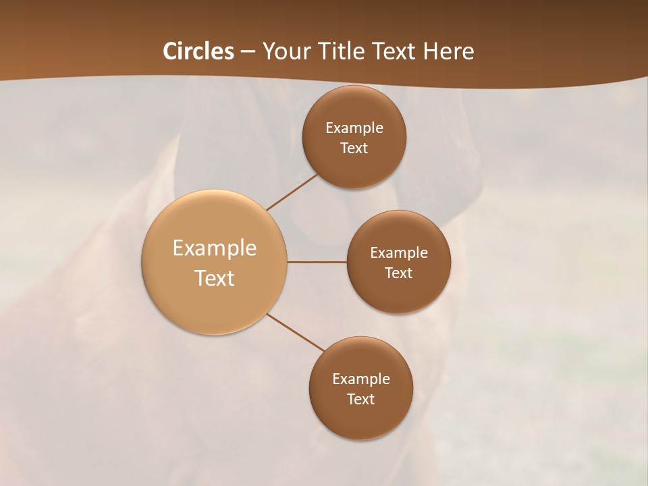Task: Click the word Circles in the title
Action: [198, 51]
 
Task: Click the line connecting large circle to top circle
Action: [292, 192]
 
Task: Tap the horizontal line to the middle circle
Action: [317, 262]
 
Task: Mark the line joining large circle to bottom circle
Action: [296, 332]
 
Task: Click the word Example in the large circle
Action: [215, 248]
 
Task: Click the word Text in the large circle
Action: [215, 278]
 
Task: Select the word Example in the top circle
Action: [354, 128]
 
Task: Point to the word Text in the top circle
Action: [354, 148]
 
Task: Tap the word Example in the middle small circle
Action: [399, 253]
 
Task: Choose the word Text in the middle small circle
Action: [398, 273]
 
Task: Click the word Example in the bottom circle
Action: [361, 379]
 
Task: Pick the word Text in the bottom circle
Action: [360, 400]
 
